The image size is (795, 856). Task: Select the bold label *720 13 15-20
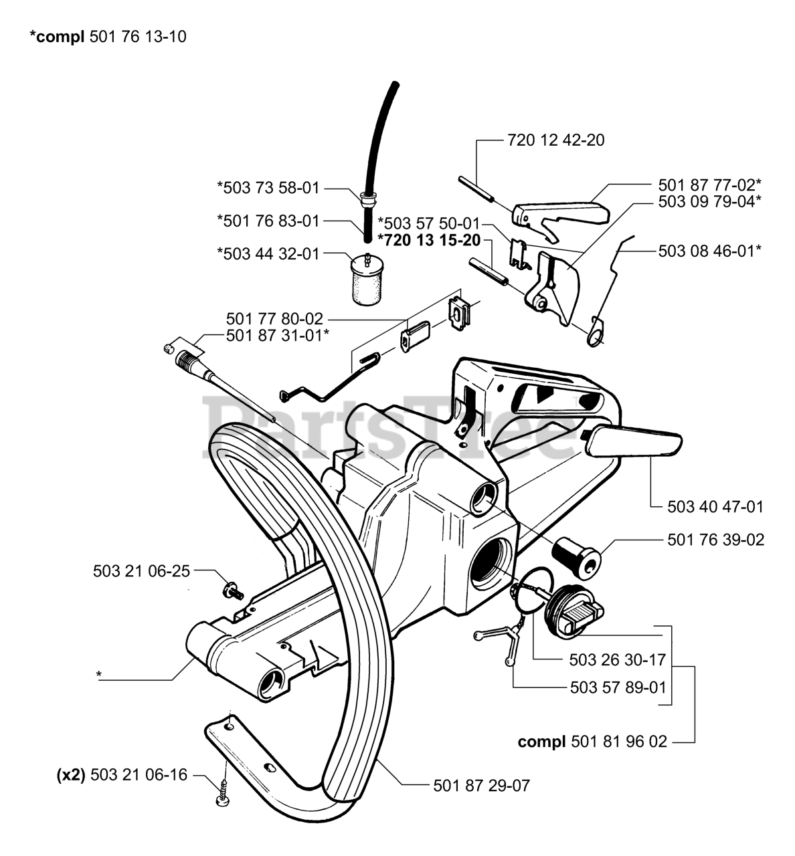pos(429,240)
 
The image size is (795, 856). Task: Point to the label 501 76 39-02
pos(715,539)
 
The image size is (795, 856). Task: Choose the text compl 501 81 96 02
pos(592,742)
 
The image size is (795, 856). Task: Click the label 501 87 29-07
pos(481,785)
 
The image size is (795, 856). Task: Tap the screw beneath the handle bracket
pos(223,796)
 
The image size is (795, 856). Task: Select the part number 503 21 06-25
pos(141,570)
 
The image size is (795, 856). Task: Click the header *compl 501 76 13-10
pos(108,37)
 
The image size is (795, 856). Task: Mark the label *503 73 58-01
pos(268,188)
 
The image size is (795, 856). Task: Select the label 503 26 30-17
pos(618,659)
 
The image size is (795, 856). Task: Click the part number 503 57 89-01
pos(618,687)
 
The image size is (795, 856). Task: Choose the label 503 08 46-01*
pos(710,251)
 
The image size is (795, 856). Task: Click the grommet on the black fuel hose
pos(367,198)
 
